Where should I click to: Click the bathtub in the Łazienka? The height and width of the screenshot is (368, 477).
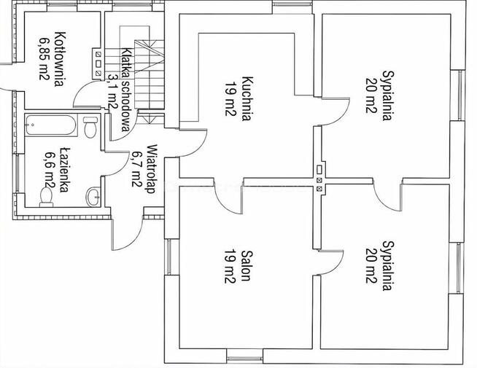click(x=51, y=125)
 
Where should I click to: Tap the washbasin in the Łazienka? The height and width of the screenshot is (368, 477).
click(x=93, y=196)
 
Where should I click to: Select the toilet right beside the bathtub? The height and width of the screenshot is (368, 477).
click(x=90, y=127)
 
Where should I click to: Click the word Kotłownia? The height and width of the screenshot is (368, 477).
click(x=59, y=59)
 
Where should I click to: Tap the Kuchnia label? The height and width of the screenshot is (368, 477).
click(x=247, y=99)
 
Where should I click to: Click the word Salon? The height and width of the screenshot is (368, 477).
click(x=246, y=265)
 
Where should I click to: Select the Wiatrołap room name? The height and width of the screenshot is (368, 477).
click(x=151, y=169)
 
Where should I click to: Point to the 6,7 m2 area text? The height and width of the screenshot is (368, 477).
click(x=136, y=169)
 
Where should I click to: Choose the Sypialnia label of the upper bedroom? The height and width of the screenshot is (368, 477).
click(x=387, y=96)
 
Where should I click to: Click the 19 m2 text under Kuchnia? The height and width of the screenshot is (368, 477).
click(x=230, y=99)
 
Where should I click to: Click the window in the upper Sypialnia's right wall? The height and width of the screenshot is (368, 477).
click(x=461, y=95)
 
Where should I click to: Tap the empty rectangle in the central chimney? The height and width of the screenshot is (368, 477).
click(x=319, y=169)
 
